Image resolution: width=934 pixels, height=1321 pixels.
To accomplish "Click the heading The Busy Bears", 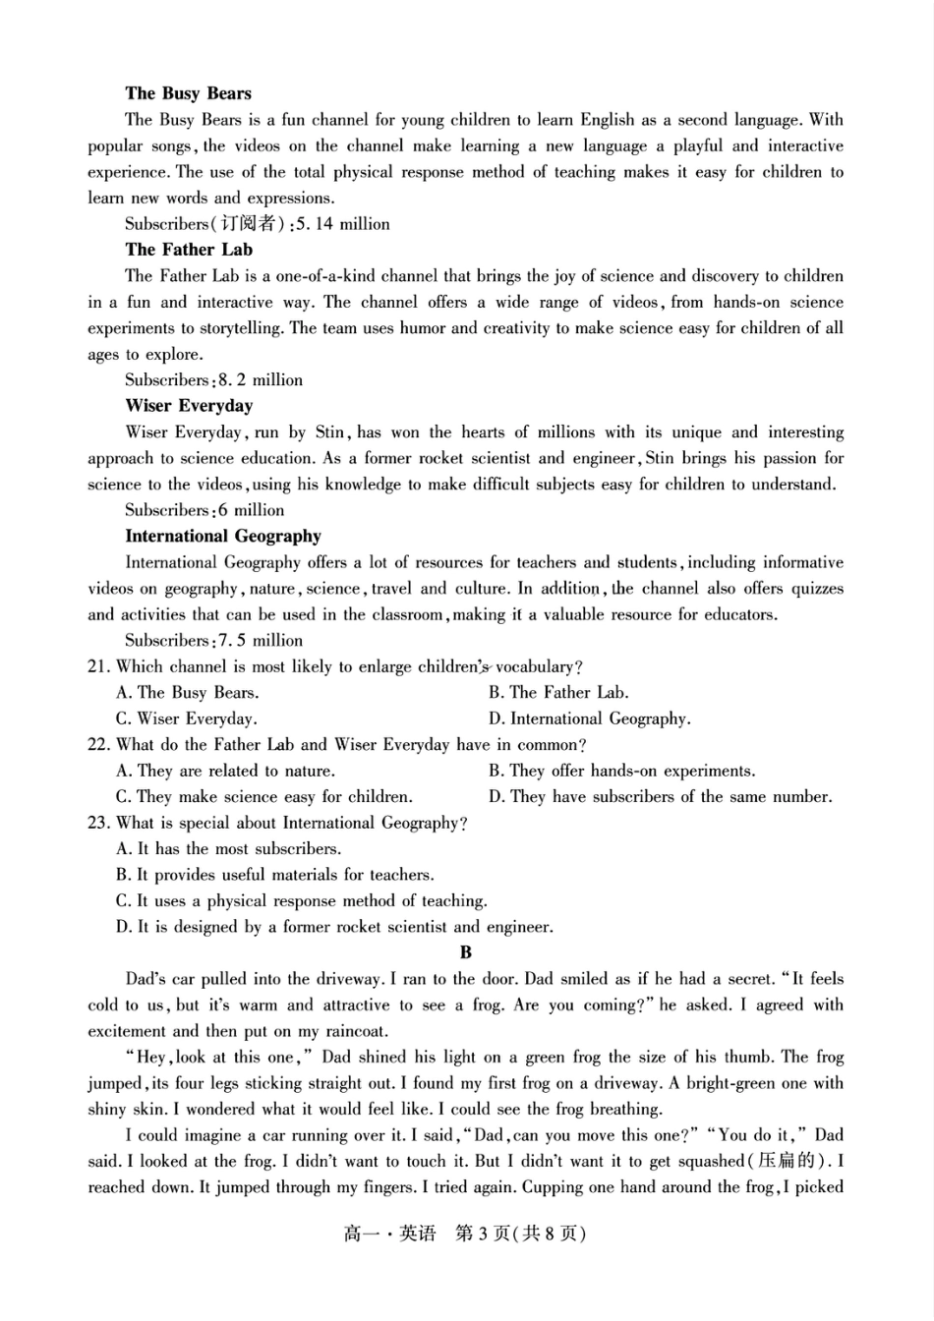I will (188, 93).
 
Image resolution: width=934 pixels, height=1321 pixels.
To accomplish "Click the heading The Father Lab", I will (189, 250).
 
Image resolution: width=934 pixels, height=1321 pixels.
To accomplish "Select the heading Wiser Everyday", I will (189, 406).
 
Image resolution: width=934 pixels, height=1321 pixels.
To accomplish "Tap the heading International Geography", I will (223, 537).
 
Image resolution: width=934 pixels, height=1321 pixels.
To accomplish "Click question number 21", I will (97, 667).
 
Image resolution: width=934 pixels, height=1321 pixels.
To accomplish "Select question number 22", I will (97, 745).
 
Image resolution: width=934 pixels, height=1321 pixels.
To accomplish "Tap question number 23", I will (97, 824).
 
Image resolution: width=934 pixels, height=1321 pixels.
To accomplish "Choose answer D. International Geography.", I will (589, 719).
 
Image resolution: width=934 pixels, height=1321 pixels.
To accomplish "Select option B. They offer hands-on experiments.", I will (621, 772).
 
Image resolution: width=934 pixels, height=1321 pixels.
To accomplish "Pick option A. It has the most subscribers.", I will (228, 849).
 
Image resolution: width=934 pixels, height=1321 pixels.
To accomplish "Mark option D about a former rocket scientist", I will (334, 927).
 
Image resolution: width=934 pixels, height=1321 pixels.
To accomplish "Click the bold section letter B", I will (466, 952).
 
